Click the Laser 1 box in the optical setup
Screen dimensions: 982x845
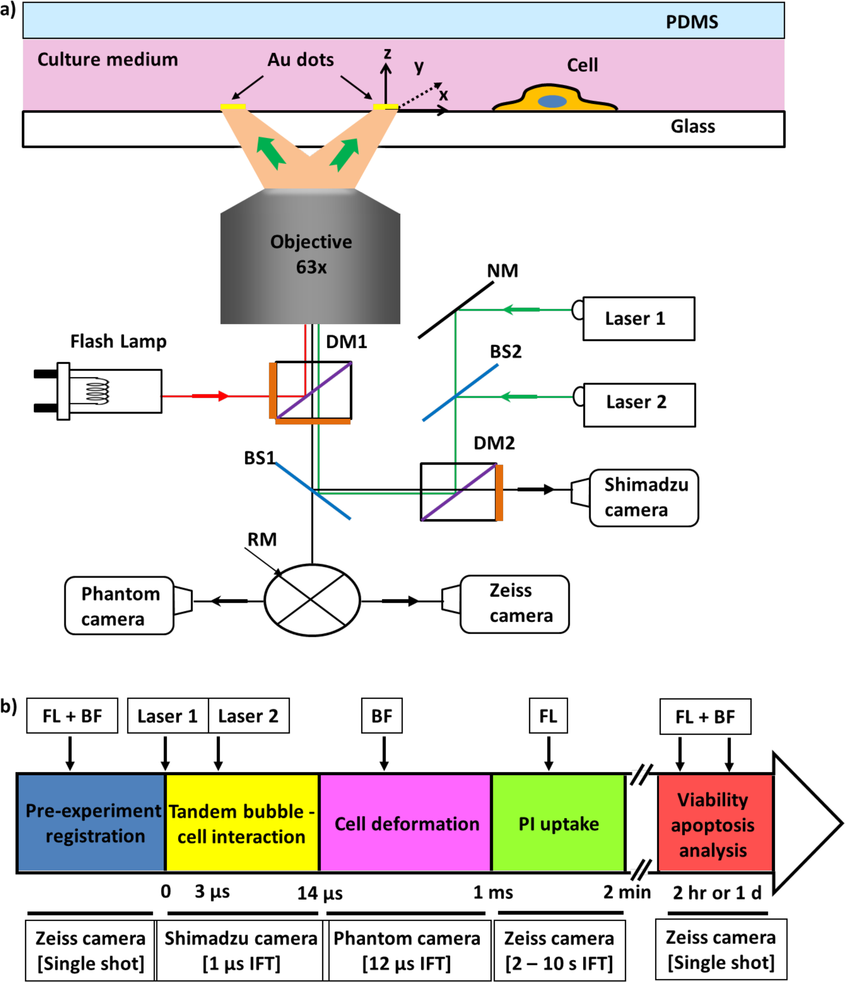638,319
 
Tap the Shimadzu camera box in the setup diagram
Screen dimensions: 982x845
643,498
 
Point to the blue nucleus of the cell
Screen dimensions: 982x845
552,101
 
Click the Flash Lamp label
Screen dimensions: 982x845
118,341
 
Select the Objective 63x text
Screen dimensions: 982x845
311,254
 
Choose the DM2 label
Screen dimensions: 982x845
494,443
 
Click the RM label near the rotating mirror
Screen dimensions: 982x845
262,539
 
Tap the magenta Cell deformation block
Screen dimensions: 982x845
406,824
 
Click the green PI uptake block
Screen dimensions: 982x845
559,824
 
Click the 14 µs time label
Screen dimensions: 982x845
320,893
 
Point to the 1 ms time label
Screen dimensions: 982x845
493,892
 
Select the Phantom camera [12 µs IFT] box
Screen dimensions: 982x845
406,951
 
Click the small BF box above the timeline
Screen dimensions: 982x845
382,716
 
